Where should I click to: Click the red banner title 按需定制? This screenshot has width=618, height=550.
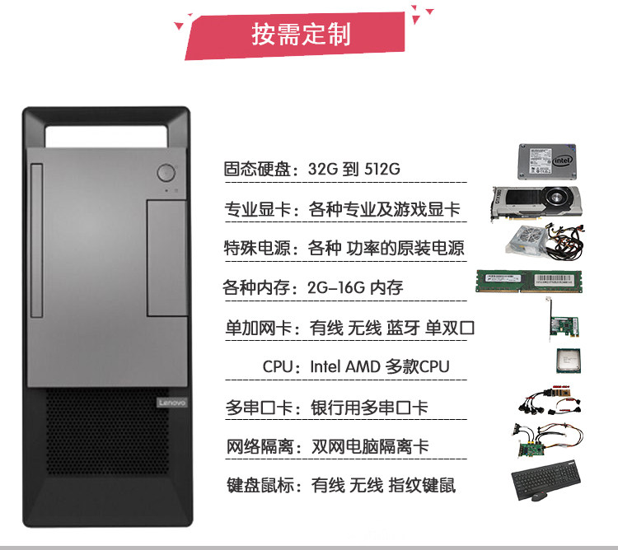coord(300,35)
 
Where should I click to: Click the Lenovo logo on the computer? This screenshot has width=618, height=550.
coord(172,403)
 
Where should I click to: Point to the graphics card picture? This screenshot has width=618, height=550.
coord(536,203)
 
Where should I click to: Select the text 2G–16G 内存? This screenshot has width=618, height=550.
coord(354,288)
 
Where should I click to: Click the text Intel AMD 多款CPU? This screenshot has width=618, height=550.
coord(379,366)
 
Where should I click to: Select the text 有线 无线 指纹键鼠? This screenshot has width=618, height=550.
coord(383,485)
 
